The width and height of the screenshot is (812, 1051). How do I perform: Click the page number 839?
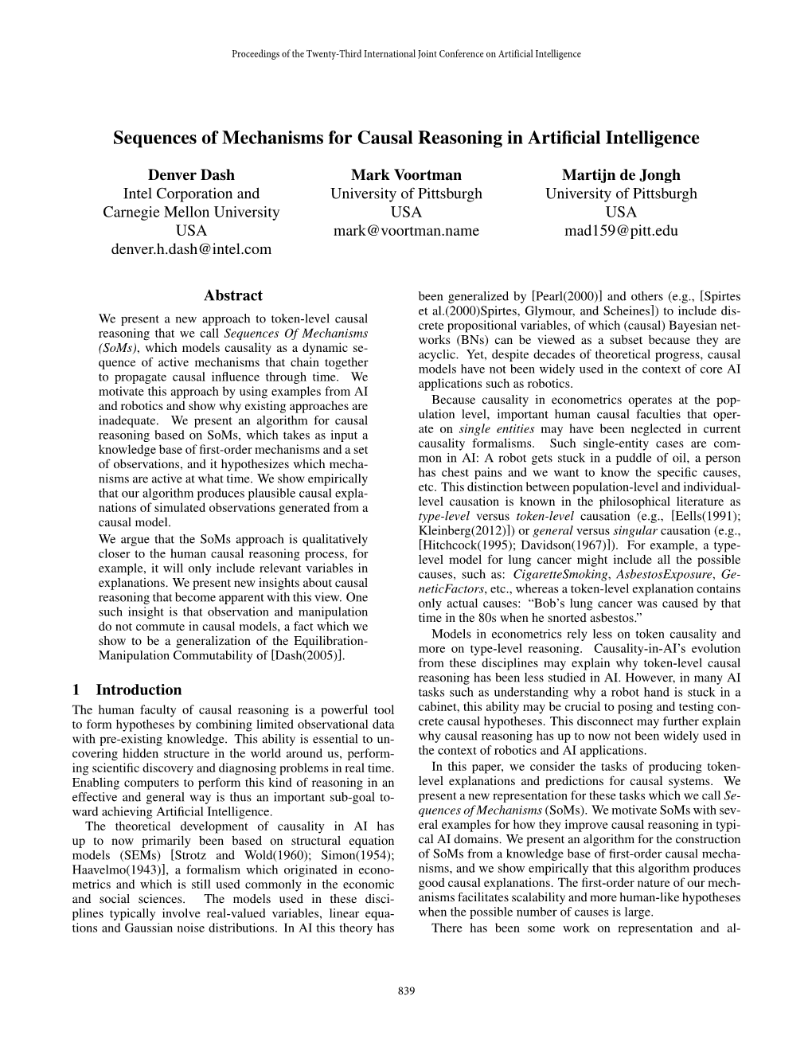click(405, 990)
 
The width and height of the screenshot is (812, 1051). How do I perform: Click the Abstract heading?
click(233, 295)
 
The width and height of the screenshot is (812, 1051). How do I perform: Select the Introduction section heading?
click(139, 690)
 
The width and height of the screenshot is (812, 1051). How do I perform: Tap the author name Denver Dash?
click(191, 174)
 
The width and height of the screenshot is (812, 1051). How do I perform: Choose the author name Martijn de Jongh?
click(621, 174)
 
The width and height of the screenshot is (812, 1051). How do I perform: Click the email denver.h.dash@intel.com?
click(191, 249)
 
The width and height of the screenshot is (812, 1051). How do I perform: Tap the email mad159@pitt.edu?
click(621, 231)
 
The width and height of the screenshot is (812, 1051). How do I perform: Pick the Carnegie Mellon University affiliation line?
click(191, 212)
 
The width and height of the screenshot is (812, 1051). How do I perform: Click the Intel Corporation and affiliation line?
click(191, 193)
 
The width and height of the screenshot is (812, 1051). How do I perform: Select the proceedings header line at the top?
click(406, 54)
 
